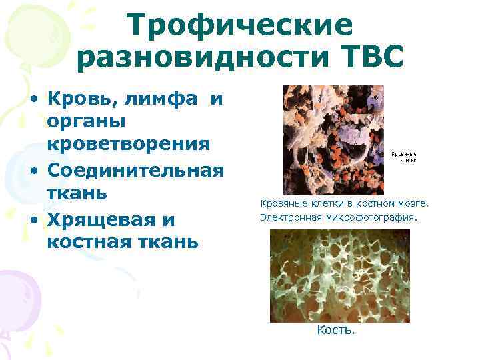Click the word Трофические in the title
240,25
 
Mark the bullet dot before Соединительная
34,170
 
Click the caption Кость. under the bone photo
336,330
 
